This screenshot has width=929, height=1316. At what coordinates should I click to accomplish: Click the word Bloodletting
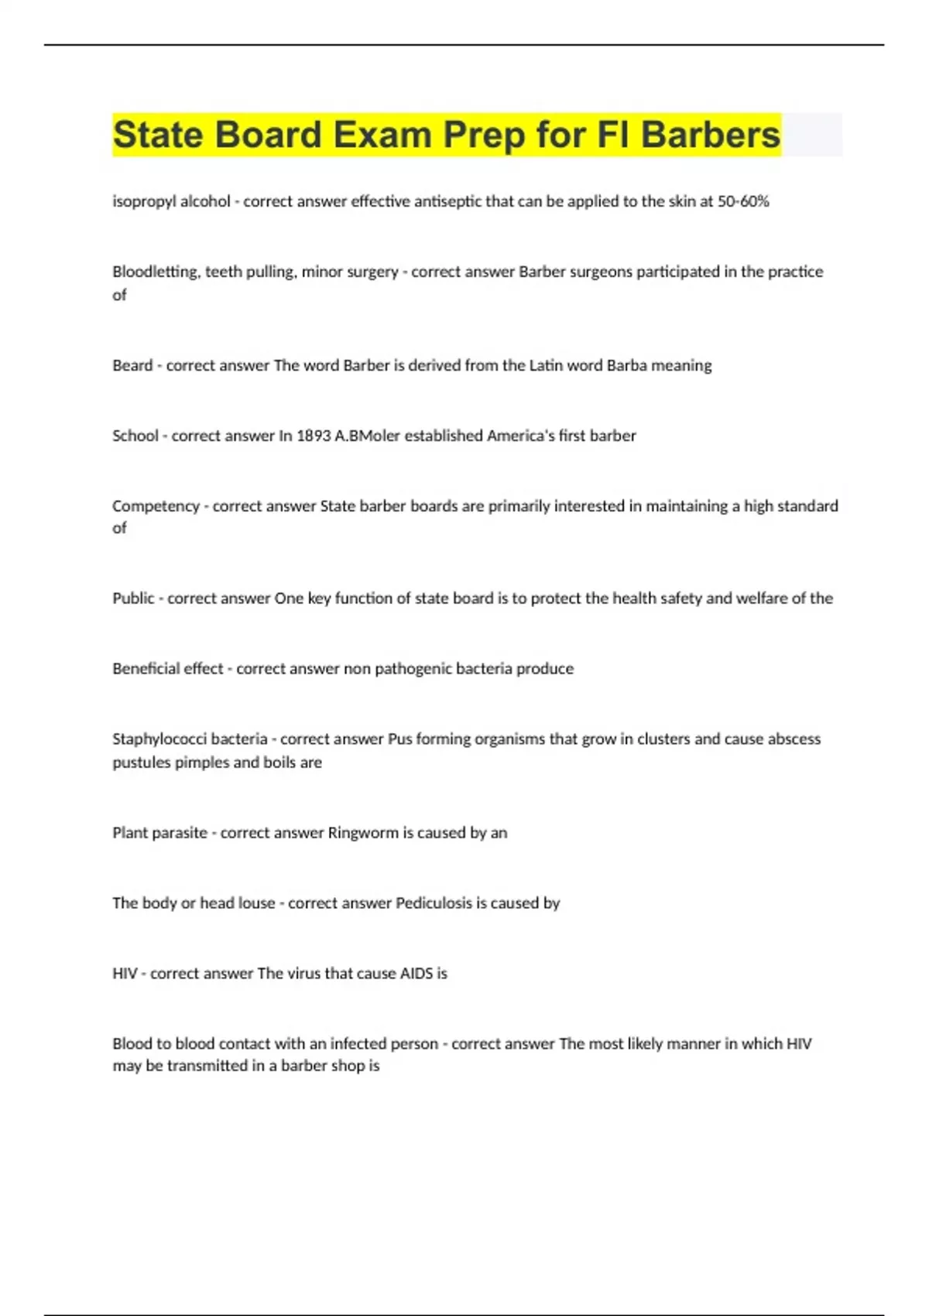coord(156,272)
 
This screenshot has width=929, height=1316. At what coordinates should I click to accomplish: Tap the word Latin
coord(546,365)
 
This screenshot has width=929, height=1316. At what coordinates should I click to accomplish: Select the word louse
coord(256,903)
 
